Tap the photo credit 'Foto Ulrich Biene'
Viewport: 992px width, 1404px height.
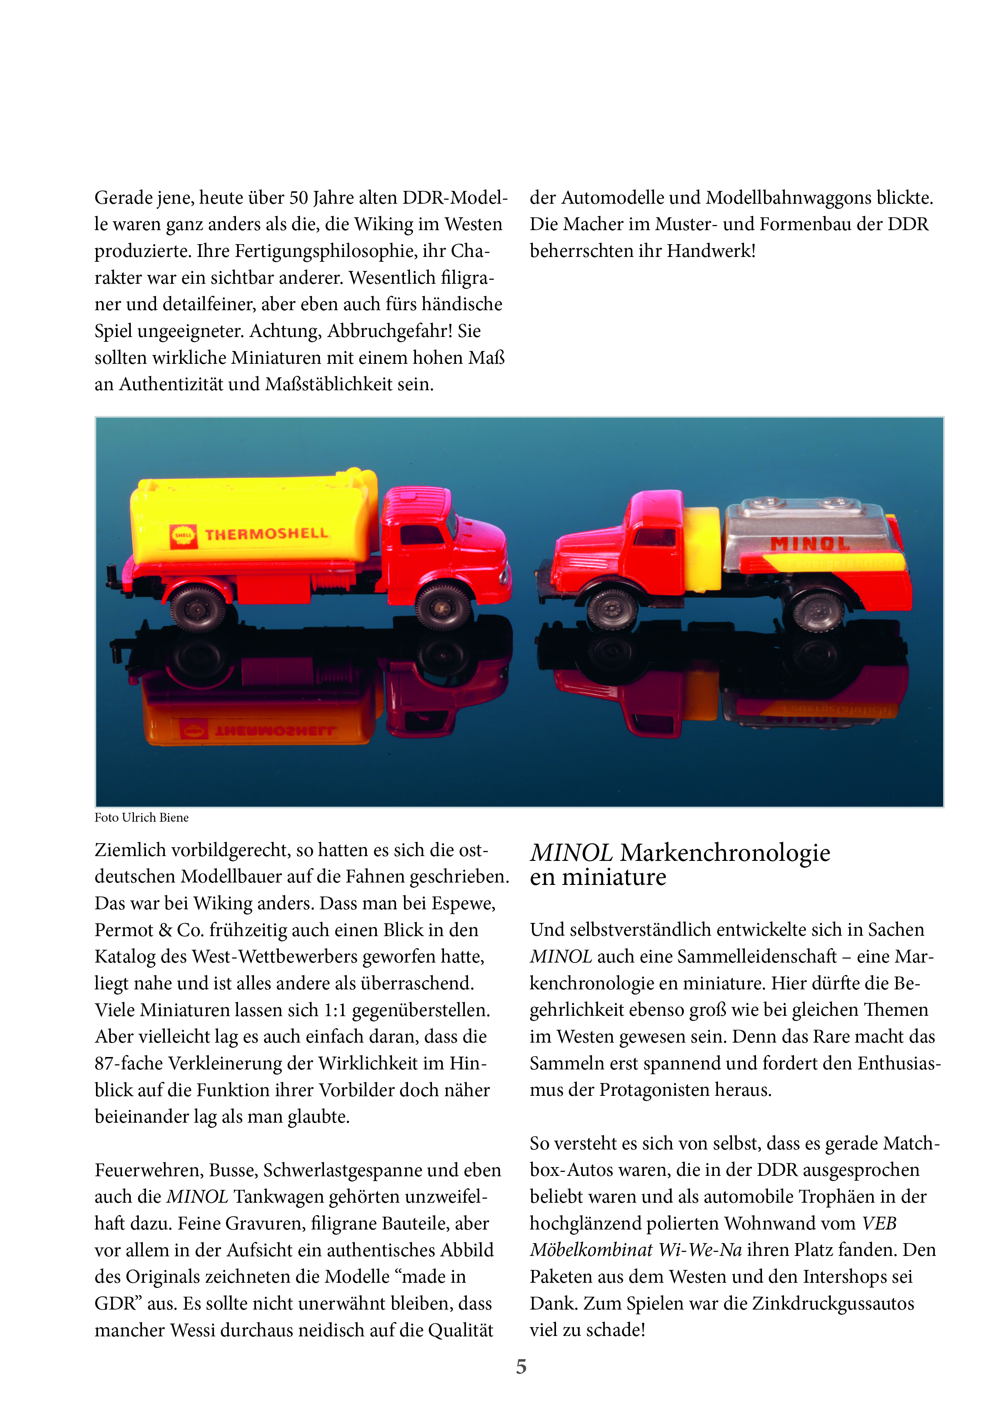[141, 818]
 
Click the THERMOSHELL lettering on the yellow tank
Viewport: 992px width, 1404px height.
[266, 534]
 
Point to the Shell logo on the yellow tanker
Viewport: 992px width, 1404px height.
[183, 535]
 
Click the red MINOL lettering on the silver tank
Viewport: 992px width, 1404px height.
[810, 543]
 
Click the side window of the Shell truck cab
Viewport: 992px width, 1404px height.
[421, 534]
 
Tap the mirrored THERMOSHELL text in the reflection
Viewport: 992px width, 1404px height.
[275, 731]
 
